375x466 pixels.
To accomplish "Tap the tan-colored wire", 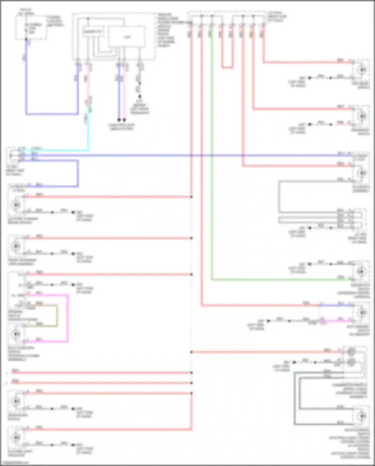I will (57, 316).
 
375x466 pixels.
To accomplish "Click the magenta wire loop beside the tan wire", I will (67, 318).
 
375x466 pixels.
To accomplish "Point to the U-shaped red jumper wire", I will (227, 67).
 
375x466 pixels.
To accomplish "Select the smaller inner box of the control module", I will (93, 32).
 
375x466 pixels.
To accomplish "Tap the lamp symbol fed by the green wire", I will (361, 271).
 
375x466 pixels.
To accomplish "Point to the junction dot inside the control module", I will (88, 19).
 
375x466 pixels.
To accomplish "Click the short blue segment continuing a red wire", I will (336, 305).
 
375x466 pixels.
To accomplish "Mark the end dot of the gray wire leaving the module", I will (140, 96).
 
